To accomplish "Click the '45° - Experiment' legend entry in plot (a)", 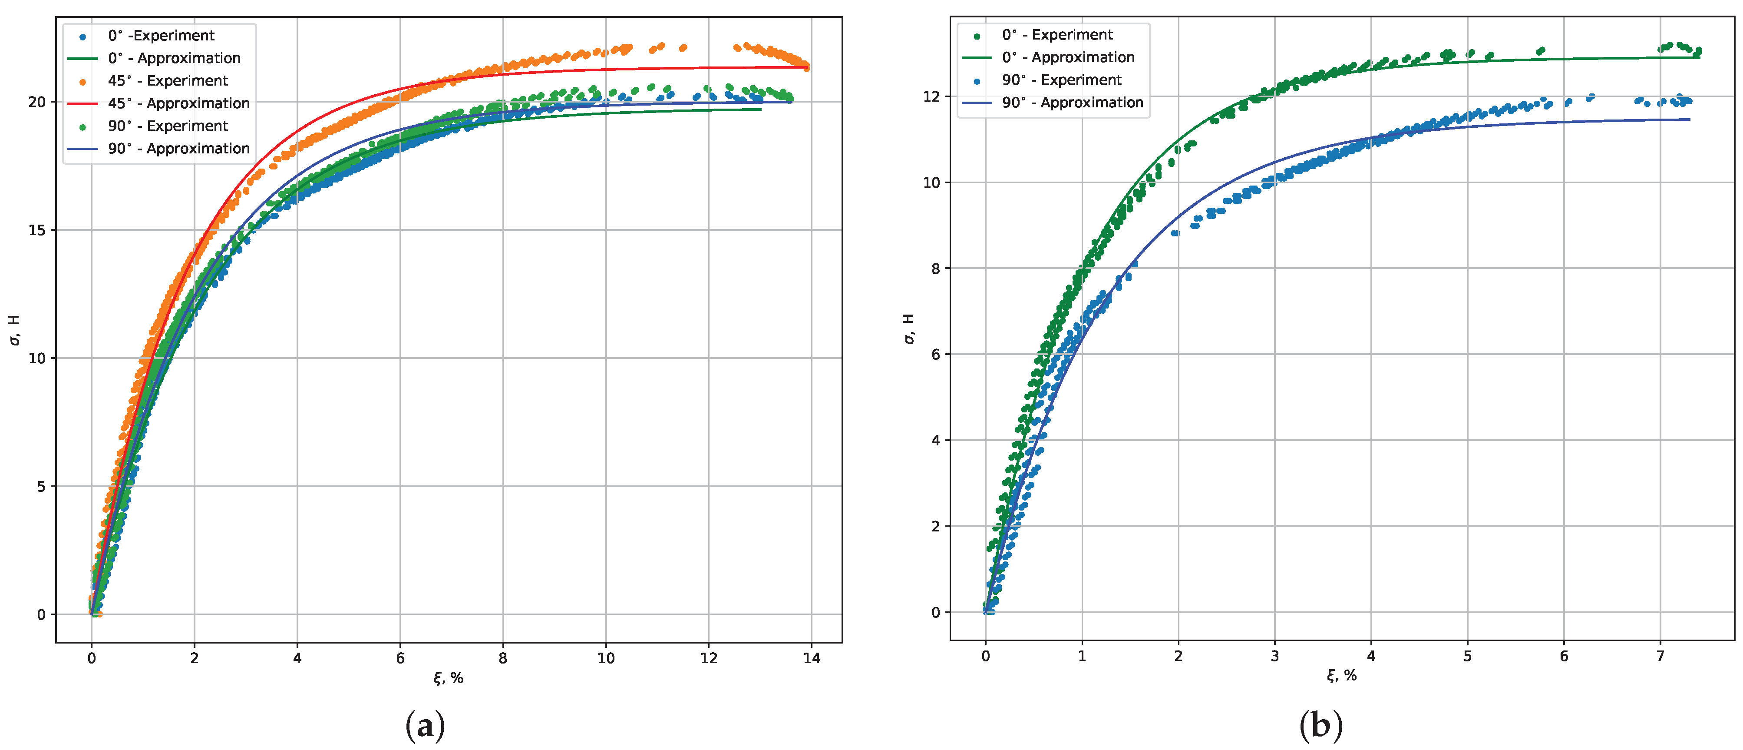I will click(x=167, y=80).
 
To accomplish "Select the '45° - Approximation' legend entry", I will click(x=178, y=103).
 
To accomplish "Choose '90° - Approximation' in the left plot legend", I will click(x=178, y=148).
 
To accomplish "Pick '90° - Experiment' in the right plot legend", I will click(x=1061, y=80).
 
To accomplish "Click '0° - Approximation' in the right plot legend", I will click(x=1068, y=57).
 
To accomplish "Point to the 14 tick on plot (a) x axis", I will click(x=811, y=658).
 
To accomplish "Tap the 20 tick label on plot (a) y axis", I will click(x=37, y=102).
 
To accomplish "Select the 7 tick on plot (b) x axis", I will click(x=1660, y=656).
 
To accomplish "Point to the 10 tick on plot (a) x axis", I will click(x=606, y=658).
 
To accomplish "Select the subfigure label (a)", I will click(x=425, y=726).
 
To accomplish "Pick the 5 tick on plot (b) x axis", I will click(x=1467, y=656).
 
